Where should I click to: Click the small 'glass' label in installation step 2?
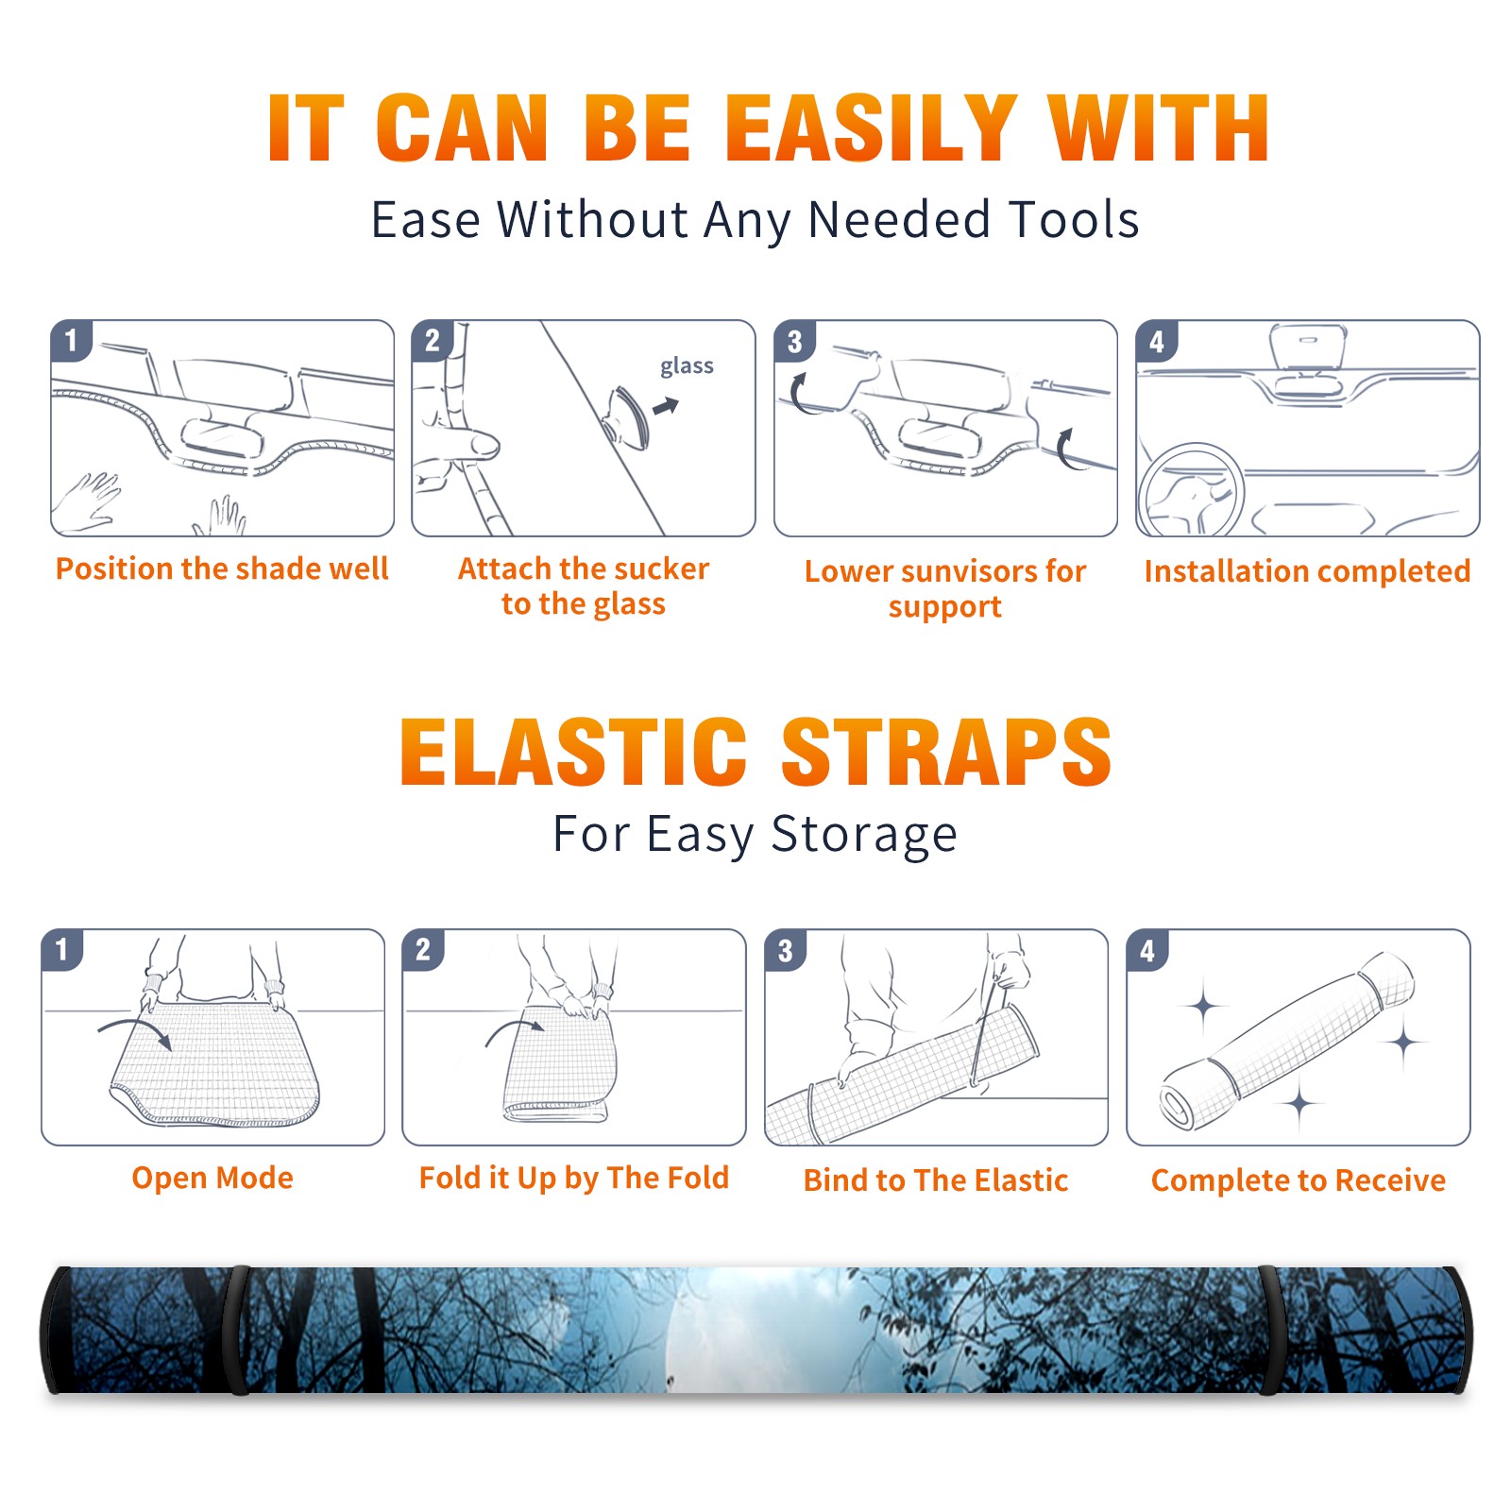click(687, 366)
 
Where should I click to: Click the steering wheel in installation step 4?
click(1190, 491)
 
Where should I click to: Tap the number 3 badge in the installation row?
click(794, 341)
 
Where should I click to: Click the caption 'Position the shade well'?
click(222, 569)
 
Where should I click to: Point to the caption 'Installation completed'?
click(1307, 571)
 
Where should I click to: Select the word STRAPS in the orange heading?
click(946, 752)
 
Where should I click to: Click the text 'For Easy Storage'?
click(755, 835)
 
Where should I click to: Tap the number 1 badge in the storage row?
click(62, 950)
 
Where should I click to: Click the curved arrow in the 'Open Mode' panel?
click(135, 1030)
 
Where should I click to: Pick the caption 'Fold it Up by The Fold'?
click(574, 1178)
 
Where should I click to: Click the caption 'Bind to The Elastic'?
click(936, 1180)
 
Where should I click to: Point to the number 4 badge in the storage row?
click(1147, 950)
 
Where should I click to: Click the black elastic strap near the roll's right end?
click(1270, 1330)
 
